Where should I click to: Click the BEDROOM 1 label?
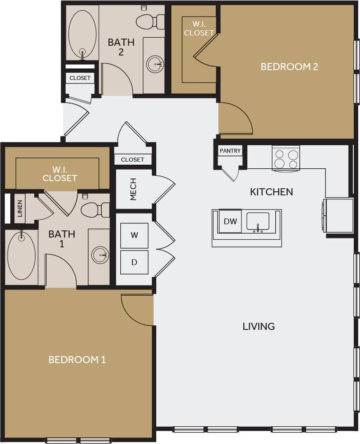coord(77,360)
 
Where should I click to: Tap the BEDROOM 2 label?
coord(289,67)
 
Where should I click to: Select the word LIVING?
coord(258,326)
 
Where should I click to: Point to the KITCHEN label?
coord(271,192)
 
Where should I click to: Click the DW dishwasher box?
coord(230,221)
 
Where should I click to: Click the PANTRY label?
coord(230,151)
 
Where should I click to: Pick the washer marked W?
coord(134,235)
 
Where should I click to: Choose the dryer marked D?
coord(134,262)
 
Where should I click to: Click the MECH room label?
coord(133,190)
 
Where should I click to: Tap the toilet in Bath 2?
coord(149,21)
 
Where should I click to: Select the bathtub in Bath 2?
coord(82,34)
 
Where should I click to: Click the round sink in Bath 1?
coord(100,255)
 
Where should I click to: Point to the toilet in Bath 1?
coord(94,210)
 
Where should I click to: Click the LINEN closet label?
coord(20,208)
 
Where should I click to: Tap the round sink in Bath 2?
coord(155,64)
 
